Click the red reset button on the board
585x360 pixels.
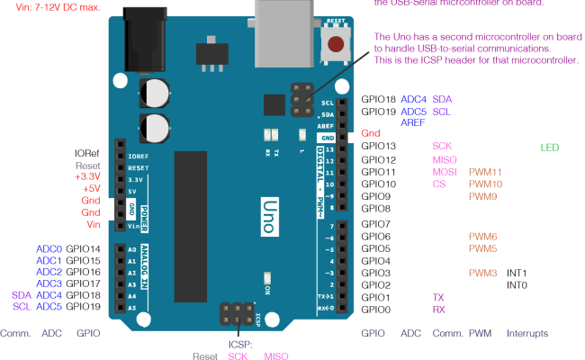(x=336, y=43)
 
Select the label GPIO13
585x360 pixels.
(x=378, y=146)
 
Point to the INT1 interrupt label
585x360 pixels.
(x=517, y=273)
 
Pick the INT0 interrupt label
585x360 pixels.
(x=517, y=285)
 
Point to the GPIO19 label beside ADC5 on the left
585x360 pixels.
(x=85, y=307)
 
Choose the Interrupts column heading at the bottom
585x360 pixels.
(x=526, y=333)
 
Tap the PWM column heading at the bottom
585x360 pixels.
(x=479, y=333)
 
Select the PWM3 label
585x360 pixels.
(x=482, y=273)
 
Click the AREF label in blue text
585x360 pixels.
(x=414, y=122)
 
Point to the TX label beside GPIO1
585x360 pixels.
(x=438, y=297)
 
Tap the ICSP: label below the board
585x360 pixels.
(x=240, y=344)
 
